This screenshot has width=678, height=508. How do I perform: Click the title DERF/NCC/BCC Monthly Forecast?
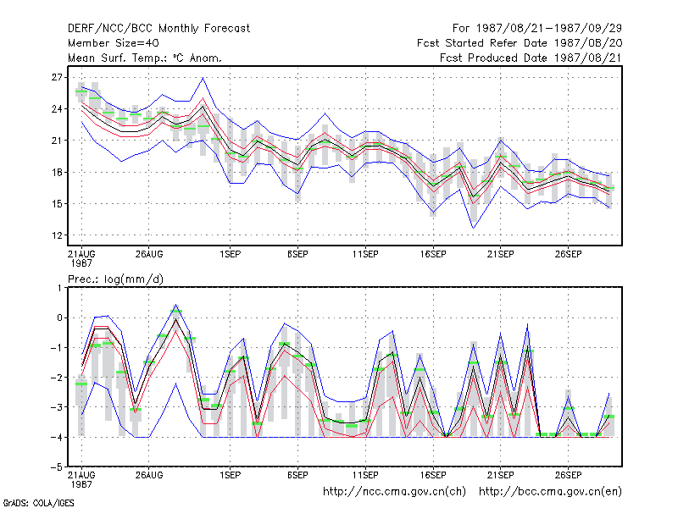click(x=158, y=29)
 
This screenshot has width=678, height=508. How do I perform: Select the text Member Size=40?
click(x=114, y=43)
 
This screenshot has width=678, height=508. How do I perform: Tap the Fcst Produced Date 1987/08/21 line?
click(x=531, y=58)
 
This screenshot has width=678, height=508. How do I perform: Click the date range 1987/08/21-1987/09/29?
click(x=548, y=29)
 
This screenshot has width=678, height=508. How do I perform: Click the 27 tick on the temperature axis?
click(x=57, y=77)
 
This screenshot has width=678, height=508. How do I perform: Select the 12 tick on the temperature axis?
click(x=57, y=235)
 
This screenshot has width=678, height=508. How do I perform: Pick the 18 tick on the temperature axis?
click(x=57, y=173)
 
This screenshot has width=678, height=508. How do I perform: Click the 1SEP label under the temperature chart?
click(x=230, y=255)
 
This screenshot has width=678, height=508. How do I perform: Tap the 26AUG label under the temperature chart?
click(x=149, y=255)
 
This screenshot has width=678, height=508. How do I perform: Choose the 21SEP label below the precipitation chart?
click(x=500, y=475)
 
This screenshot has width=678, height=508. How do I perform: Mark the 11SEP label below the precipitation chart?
click(x=365, y=475)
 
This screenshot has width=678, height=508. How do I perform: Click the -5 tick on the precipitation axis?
click(x=57, y=467)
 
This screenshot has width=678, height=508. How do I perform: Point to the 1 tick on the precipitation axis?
click(x=59, y=288)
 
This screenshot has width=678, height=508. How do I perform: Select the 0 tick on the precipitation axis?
click(x=59, y=318)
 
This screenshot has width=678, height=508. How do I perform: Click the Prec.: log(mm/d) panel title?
click(x=115, y=279)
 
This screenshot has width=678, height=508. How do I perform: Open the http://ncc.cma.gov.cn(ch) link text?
click(x=394, y=492)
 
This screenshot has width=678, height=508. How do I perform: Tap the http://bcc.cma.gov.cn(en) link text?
click(x=550, y=492)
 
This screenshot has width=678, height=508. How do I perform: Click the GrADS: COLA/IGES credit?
click(x=38, y=503)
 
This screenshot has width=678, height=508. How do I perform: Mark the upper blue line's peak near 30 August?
click(x=203, y=78)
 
